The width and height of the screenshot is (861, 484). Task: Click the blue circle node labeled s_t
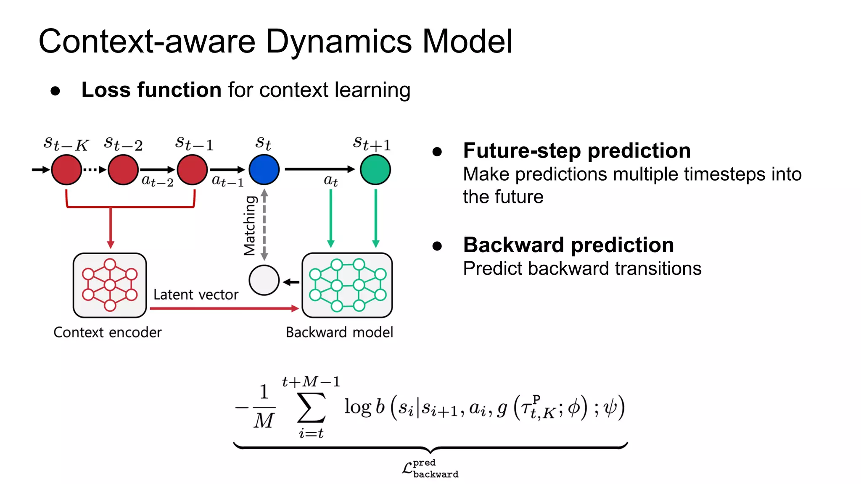pyautogui.click(x=264, y=170)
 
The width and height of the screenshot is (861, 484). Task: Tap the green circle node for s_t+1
pyautogui.click(x=375, y=170)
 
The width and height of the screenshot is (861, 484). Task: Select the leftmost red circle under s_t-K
pyautogui.click(x=66, y=170)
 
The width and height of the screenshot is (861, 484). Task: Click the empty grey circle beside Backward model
pyautogui.click(x=264, y=280)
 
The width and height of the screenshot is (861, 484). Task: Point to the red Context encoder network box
pyautogui.click(x=110, y=285)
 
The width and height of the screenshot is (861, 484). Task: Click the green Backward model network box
pyautogui.click(x=347, y=285)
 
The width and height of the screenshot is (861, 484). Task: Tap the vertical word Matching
pyautogui.click(x=250, y=226)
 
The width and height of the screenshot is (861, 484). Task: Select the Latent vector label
pyautogui.click(x=195, y=295)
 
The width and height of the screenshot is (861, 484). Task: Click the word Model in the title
pyautogui.click(x=467, y=42)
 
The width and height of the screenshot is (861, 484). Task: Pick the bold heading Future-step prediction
pyautogui.click(x=576, y=151)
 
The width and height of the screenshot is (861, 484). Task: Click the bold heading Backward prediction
pyautogui.click(x=568, y=245)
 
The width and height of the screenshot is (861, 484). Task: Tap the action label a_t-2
pyautogui.click(x=157, y=181)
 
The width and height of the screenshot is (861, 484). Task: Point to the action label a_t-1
pyautogui.click(x=227, y=181)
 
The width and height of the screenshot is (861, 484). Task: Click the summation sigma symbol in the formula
pyautogui.click(x=312, y=408)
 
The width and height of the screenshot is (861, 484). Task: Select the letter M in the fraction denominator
pyautogui.click(x=264, y=421)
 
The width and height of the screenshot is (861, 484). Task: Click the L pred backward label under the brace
pyautogui.click(x=430, y=468)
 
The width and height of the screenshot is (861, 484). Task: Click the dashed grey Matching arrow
pyautogui.click(x=264, y=225)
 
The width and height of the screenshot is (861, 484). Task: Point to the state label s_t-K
pyautogui.click(x=66, y=144)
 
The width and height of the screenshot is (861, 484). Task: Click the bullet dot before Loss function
pyautogui.click(x=55, y=91)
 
